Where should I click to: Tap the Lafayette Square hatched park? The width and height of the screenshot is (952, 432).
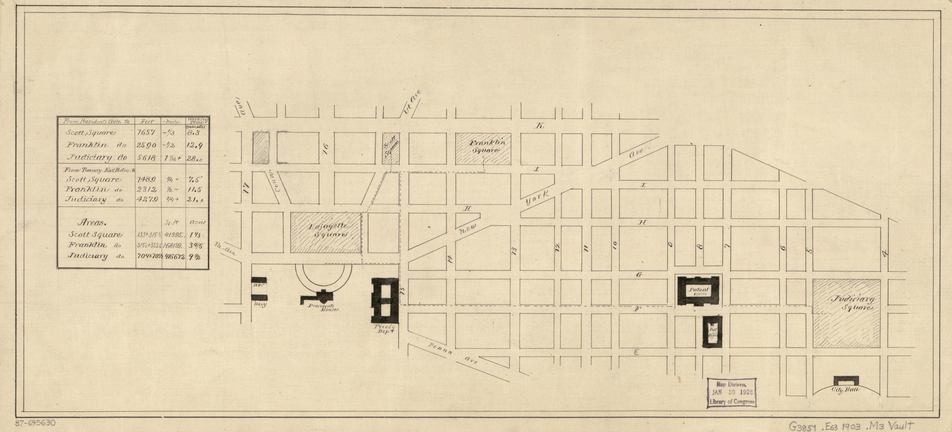(326, 232)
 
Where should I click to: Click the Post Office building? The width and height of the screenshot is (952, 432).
(712, 332)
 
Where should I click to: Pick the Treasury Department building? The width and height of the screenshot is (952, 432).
(384, 301)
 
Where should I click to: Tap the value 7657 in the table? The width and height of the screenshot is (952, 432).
(148, 133)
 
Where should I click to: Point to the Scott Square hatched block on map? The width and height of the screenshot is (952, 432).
(391, 148)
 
